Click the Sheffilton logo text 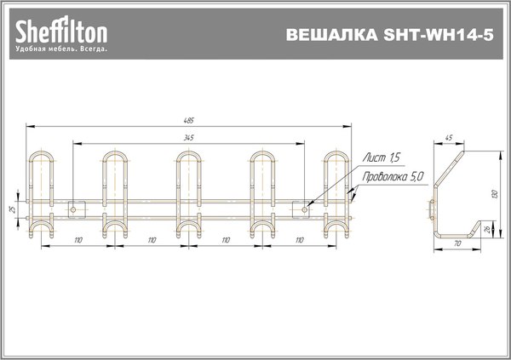(x=61, y=32)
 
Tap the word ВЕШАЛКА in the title (x=330, y=37)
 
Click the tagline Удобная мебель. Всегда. (x=61, y=50)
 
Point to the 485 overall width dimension (x=189, y=120)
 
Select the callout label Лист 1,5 (x=381, y=159)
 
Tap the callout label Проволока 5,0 (x=393, y=178)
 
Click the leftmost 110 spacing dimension (x=78, y=241)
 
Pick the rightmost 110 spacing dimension (x=299, y=241)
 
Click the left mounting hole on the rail (x=73, y=208)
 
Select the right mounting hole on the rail (x=304, y=208)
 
